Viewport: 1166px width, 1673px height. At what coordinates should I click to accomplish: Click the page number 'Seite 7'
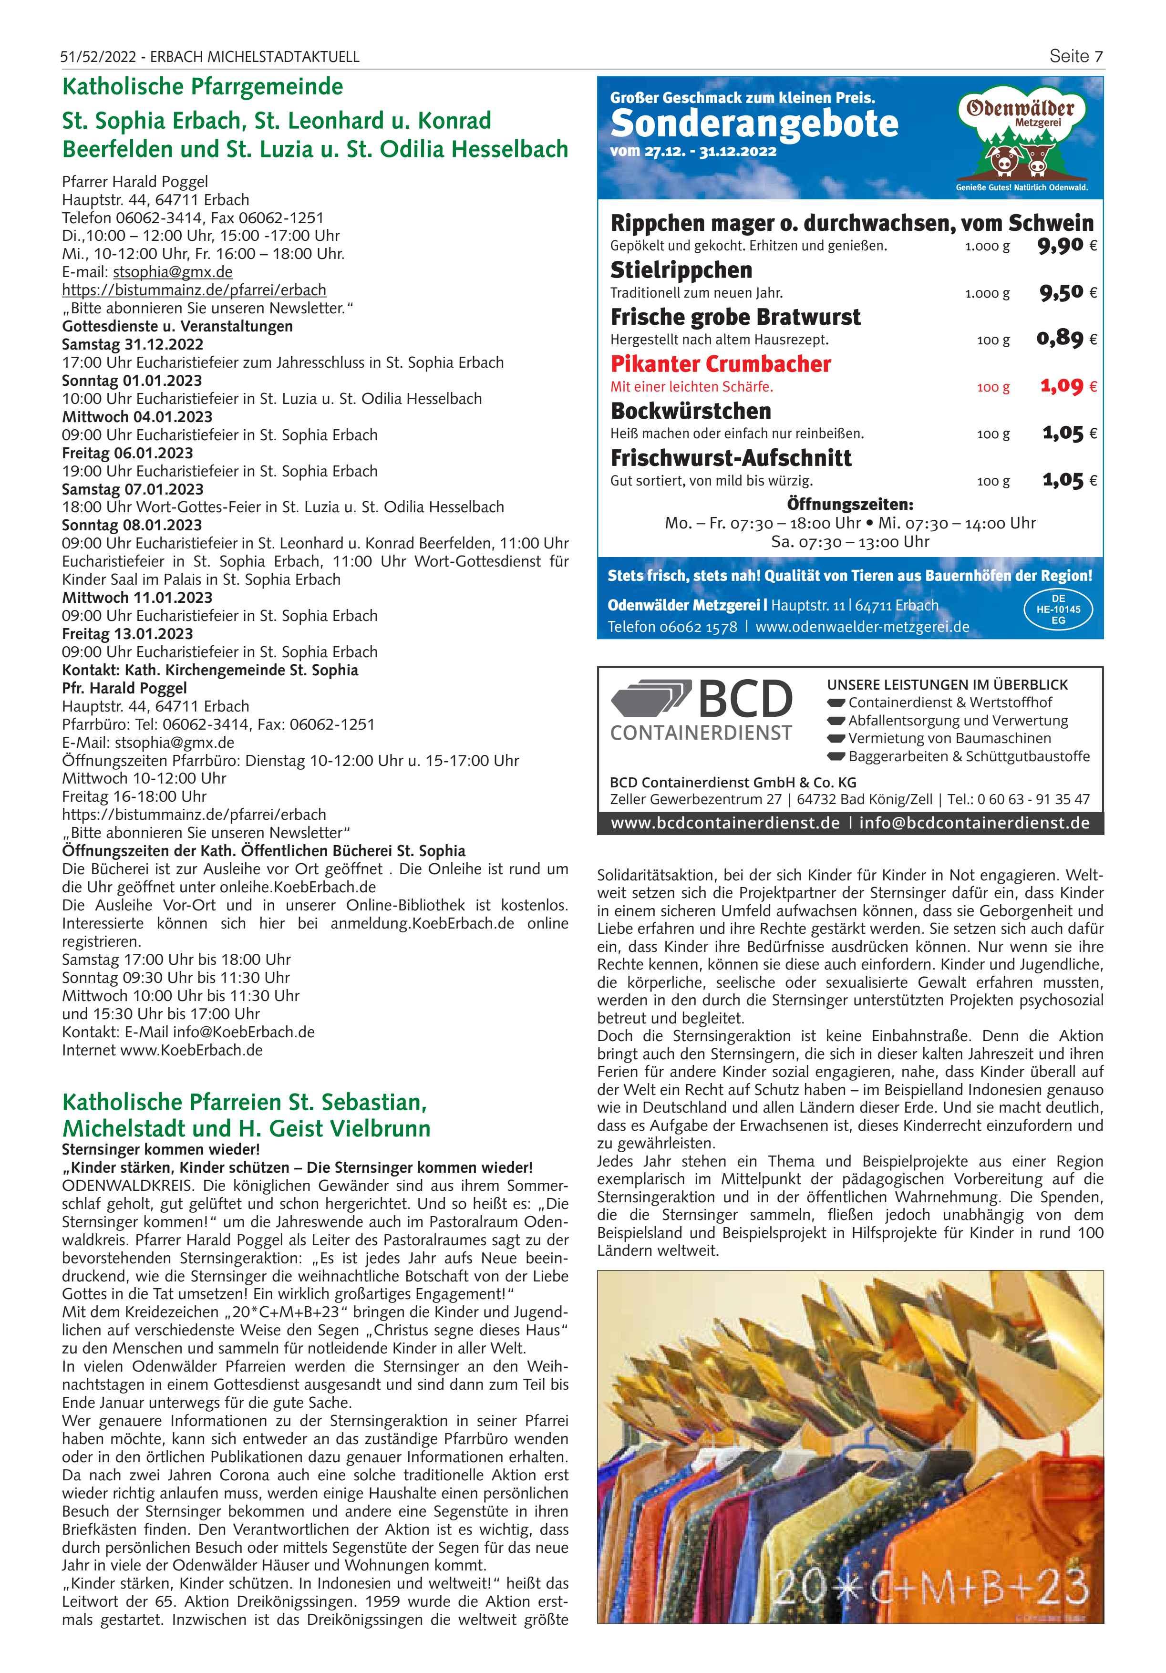pos(1076,56)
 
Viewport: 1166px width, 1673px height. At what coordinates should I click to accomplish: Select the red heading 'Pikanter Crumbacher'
pos(720,363)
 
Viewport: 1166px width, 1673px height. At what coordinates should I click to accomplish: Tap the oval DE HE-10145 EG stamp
pos(1058,610)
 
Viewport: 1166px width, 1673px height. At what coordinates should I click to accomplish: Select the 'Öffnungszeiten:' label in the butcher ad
pos(850,504)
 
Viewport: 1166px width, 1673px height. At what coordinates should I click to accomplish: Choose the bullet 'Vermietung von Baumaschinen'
pos(949,738)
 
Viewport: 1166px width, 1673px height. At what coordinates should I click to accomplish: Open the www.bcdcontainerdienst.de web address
pos(725,823)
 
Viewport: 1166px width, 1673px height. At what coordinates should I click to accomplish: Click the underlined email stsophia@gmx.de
pos(173,272)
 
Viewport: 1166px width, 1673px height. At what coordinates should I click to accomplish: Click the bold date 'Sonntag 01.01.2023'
pos(132,381)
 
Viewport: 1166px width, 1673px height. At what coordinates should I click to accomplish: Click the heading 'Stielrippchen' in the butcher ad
pos(681,269)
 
